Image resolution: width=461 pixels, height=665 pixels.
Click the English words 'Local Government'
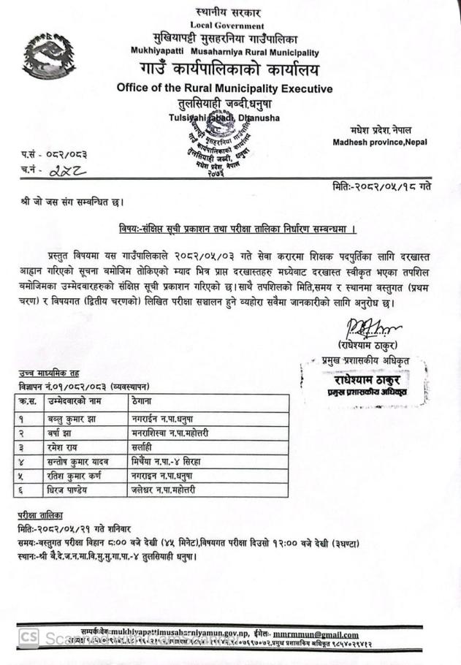(x=228, y=26)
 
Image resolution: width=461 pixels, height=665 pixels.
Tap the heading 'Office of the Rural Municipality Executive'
(x=224, y=88)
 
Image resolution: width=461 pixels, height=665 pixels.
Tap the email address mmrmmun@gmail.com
(x=316, y=634)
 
